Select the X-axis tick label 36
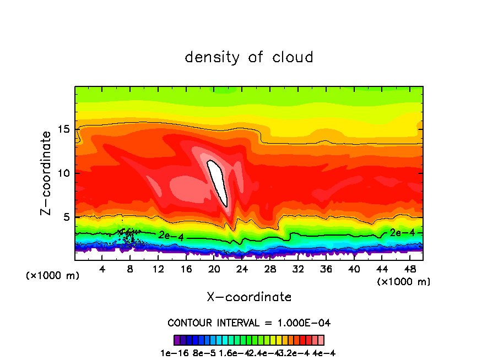pyautogui.click(x=326, y=269)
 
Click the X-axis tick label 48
pyautogui.click(x=409, y=269)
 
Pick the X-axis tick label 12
pyautogui.click(x=158, y=269)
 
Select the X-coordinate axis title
pyautogui.click(x=249, y=297)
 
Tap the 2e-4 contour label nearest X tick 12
pyautogui.click(x=170, y=235)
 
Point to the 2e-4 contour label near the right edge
pyautogui.click(x=401, y=233)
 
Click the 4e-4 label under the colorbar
pyautogui.click(x=324, y=353)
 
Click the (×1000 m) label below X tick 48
pyautogui.click(x=404, y=282)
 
